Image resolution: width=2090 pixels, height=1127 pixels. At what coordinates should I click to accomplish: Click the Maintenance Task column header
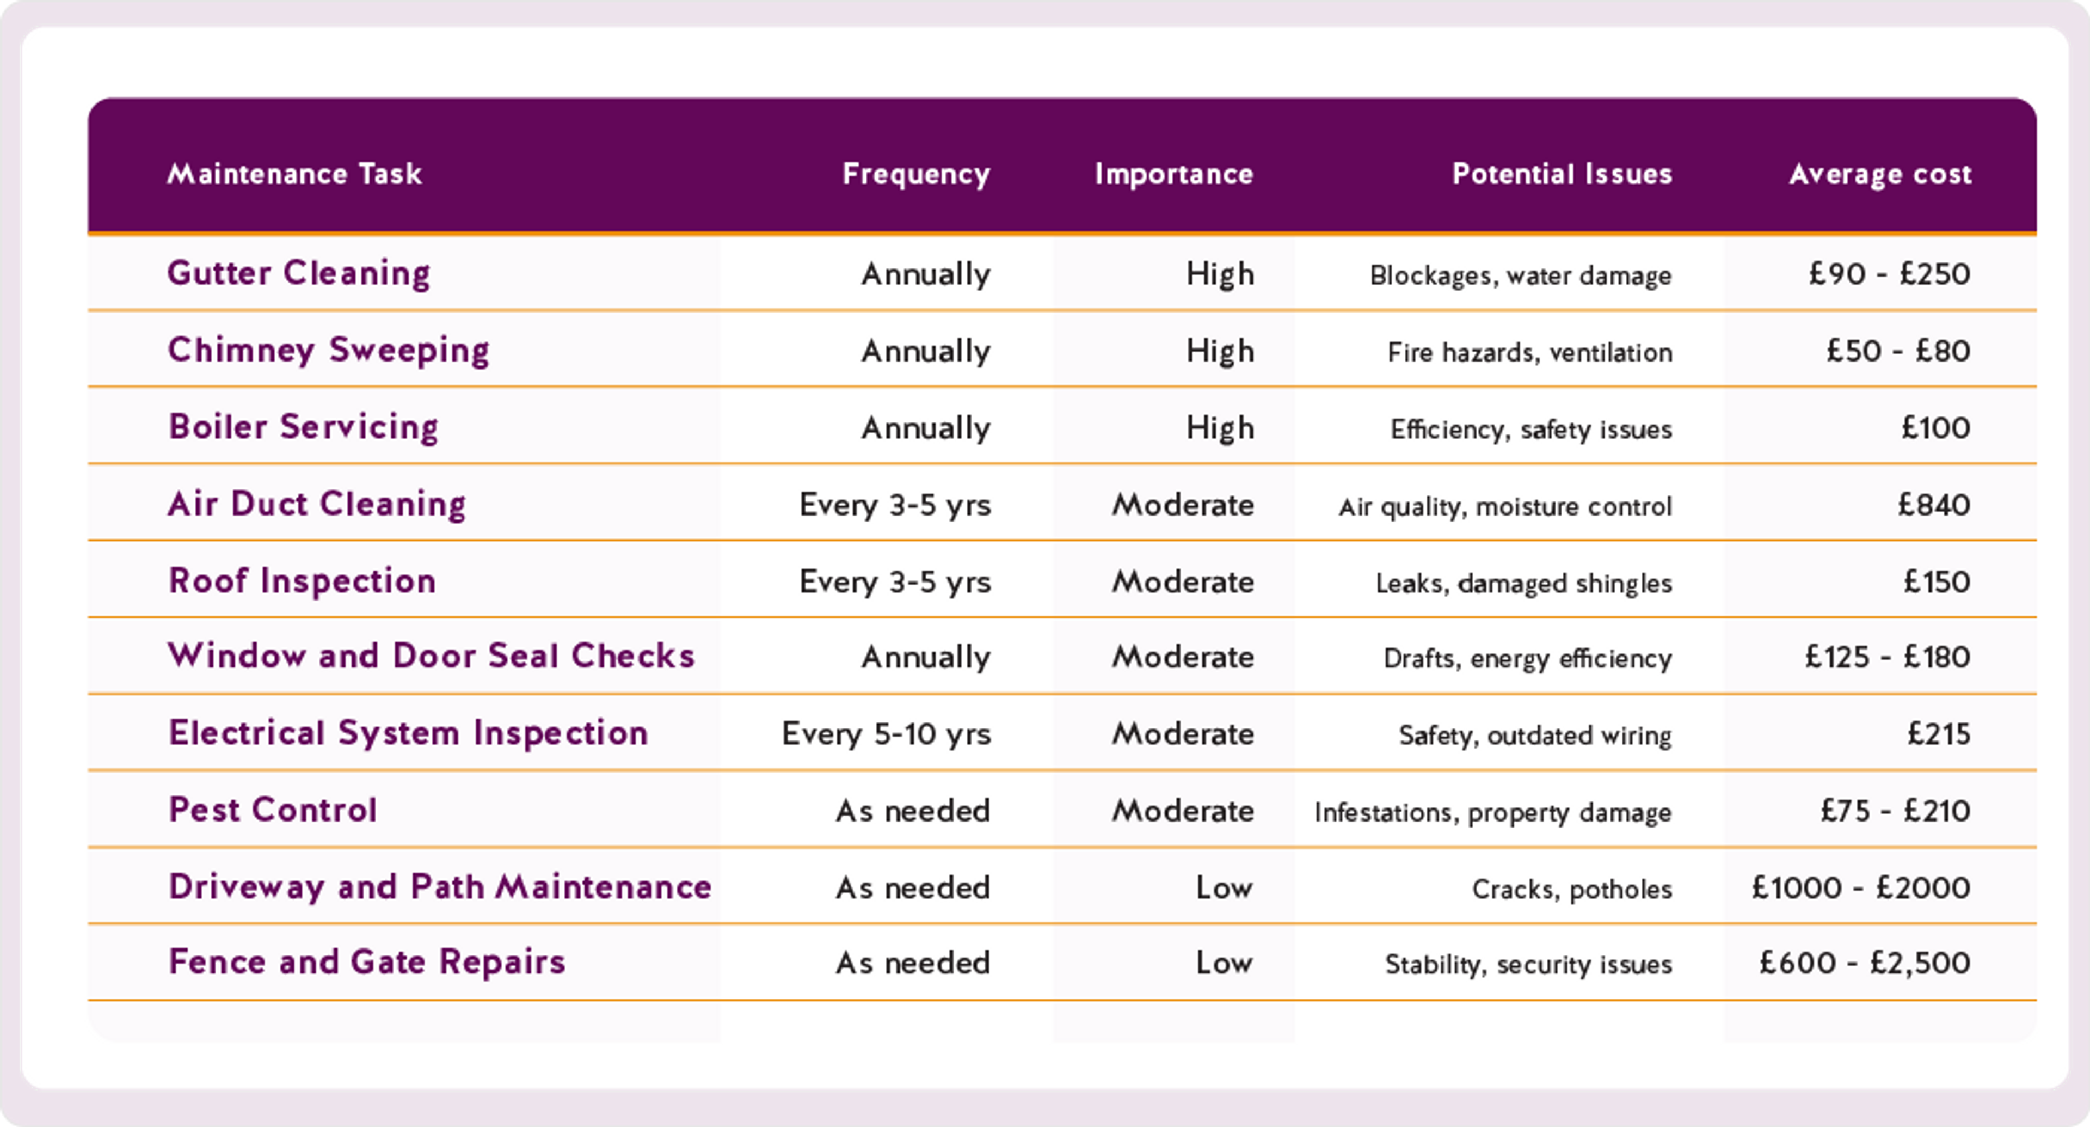[294, 174]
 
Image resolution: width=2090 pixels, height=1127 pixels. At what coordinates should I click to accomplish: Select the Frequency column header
[916, 174]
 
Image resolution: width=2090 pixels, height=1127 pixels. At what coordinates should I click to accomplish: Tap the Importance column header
[1173, 174]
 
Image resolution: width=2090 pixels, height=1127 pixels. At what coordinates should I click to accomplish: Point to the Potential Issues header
[1562, 174]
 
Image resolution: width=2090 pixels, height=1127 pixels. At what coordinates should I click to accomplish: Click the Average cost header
[1880, 174]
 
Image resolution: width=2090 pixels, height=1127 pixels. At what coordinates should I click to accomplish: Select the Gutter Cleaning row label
[299, 273]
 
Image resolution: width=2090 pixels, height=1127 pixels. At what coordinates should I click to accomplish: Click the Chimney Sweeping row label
[329, 351]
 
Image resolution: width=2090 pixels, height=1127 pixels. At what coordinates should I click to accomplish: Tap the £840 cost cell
[1933, 505]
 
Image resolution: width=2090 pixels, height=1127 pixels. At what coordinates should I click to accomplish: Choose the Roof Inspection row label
[302, 581]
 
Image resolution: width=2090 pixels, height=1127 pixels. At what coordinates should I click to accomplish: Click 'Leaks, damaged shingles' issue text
[1524, 583]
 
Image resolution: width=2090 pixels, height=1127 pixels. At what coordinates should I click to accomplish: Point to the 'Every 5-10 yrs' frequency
[886, 733]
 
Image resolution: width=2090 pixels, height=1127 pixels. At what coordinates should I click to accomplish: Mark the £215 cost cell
[1938, 733]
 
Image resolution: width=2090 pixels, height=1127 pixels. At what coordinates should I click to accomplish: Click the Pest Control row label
[273, 810]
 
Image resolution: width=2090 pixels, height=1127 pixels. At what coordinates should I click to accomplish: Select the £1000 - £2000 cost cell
[1860, 887]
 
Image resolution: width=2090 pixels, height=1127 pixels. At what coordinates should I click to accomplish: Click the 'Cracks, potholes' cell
[1571, 889]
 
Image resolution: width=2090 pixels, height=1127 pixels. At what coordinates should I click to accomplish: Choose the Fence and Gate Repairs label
[367, 962]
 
